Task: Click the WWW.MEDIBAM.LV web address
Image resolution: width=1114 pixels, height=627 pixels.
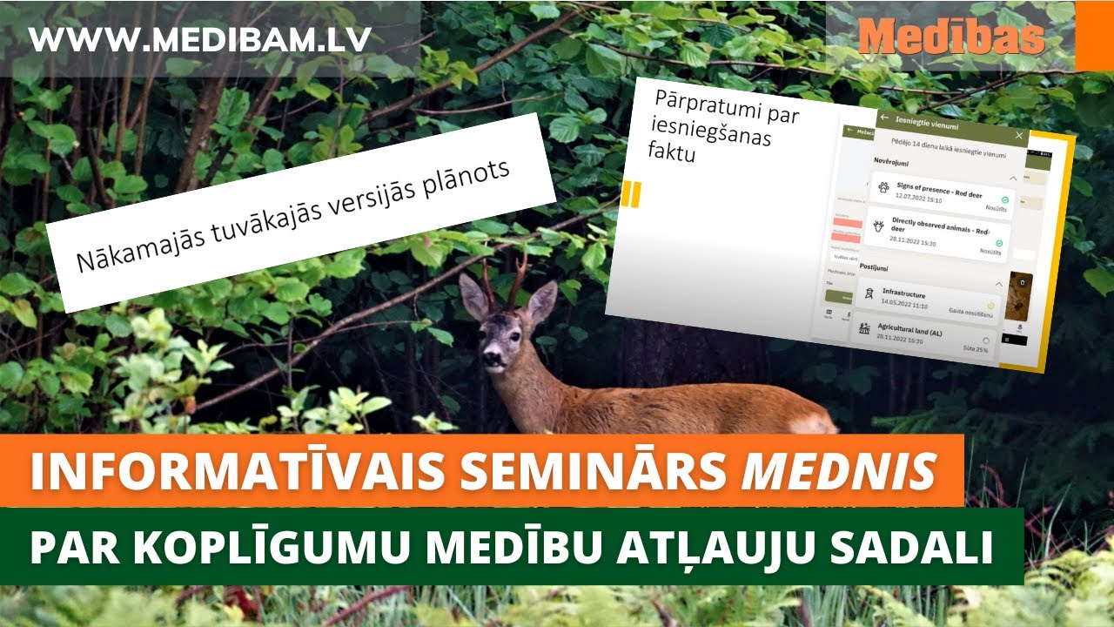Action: pyautogui.click(x=200, y=38)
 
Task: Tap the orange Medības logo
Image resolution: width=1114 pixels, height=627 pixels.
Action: pyautogui.click(x=950, y=37)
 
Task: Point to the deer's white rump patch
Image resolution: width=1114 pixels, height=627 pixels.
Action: pyautogui.click(x=814, y=423)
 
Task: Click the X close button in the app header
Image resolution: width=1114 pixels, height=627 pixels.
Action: pyautogui.click(x=1019, y=136)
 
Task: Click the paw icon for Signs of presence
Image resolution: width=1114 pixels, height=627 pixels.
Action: pyautogui.click(x=884, y=186)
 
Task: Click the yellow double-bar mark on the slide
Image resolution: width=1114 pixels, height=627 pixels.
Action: pyautogui.click(x=631, y=193)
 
